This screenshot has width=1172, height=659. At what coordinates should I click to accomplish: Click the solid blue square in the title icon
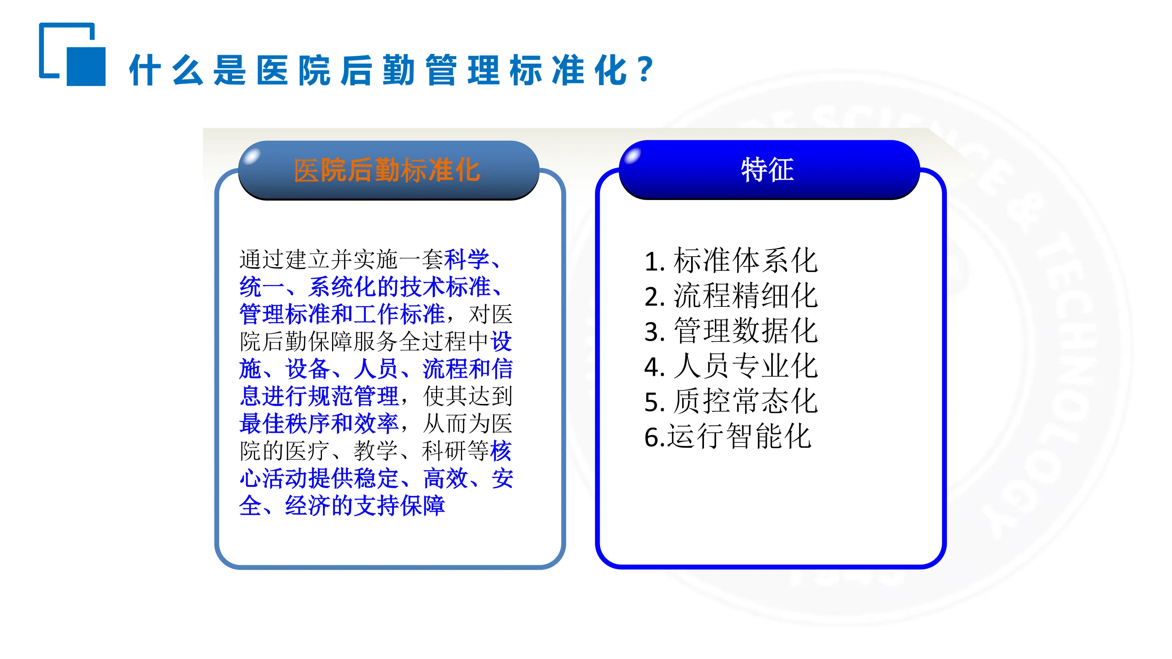pos(86,66)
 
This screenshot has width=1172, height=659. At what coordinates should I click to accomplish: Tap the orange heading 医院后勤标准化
pos(387,171)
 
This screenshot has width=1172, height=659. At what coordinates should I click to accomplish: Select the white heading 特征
pos(768,170)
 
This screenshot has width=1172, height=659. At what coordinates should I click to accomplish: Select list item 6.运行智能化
pos(727,436)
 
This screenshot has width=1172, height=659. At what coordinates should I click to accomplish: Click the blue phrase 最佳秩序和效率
pos(319,423)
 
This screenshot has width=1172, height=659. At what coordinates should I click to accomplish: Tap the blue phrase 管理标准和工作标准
pos(342,314)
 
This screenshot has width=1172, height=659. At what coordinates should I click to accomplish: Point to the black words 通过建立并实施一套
pos(341,259)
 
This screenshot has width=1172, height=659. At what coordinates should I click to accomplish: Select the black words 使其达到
pos(467,396)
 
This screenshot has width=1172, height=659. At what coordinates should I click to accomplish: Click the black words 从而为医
pos(467,423)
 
